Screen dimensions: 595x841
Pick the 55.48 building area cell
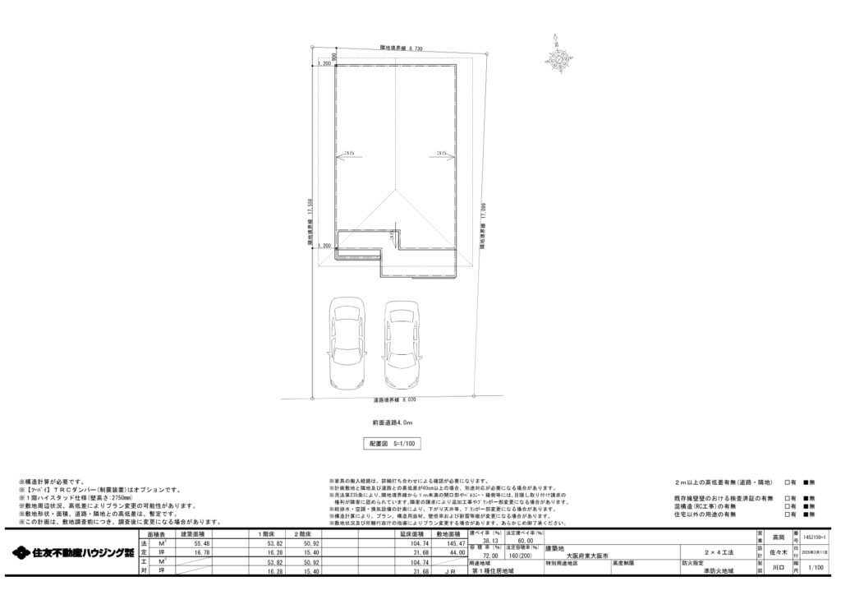point(202,543)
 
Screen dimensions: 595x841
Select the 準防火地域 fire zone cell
point(708,571)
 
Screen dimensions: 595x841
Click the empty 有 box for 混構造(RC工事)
point(787,506)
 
